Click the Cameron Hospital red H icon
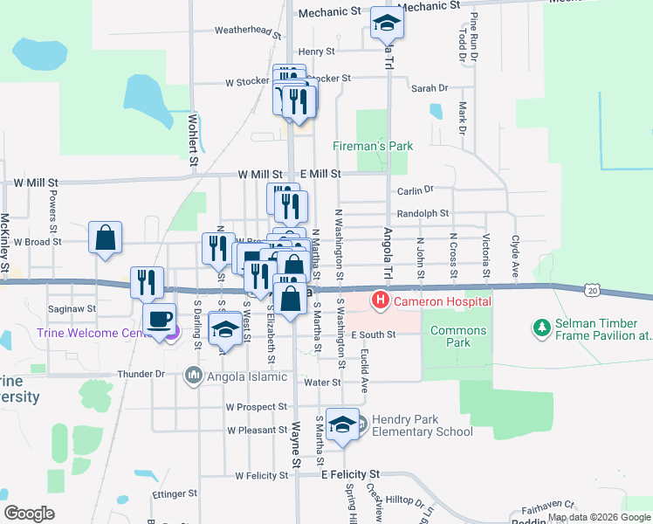click(381, 302)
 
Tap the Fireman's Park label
click(373, 147)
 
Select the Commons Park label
click(458, 336)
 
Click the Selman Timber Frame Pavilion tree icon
click(541, 327)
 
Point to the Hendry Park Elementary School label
click(423, 425)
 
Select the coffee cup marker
click(159, 320)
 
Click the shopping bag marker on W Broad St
click(105, 238)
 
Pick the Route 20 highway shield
click(593, 288)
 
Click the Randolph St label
click(423, 213)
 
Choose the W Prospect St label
click(256, 407)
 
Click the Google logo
click(30, 514)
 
